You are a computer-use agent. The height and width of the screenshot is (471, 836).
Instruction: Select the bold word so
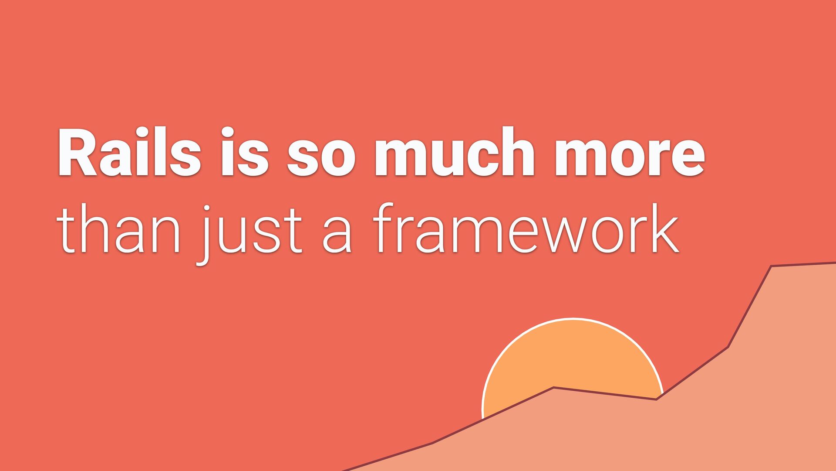(321, 157)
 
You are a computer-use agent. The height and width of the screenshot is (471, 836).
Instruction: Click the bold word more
(629, 157)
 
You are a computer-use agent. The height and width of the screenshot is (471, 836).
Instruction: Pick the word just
(250, 234)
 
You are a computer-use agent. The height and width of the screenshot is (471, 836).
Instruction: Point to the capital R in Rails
(77, 152)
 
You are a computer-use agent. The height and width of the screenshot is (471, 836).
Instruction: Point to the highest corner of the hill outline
(771, 266)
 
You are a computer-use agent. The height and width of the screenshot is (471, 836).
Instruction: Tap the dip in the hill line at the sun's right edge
(657, 399)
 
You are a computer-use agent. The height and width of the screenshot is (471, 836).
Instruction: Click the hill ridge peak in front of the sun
(553, 387)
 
